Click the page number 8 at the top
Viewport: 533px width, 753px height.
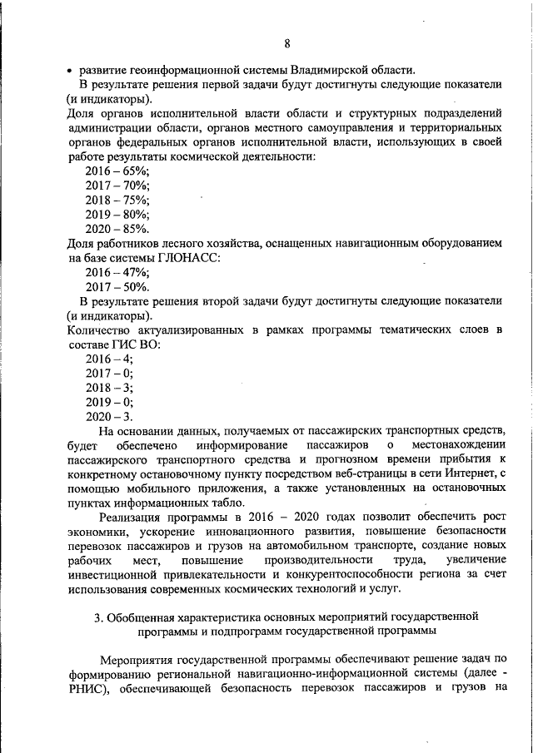[x=286, y=43]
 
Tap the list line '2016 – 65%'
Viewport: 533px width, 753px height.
[x=117, y=170]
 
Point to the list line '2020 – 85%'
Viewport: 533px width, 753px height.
[x=117, y=228]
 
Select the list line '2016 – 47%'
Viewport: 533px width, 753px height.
[x=117, y=272]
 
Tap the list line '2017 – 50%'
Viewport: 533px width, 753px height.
[x=117, y=287]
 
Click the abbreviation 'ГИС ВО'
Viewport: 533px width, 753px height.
[x=139, y=344]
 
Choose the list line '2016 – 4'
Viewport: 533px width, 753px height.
[x=109, y=359]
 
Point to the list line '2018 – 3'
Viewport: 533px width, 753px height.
[x=109, y=388]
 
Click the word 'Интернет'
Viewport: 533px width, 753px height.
[x=465, y=473]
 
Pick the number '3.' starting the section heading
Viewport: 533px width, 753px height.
[x=98, y=617]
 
